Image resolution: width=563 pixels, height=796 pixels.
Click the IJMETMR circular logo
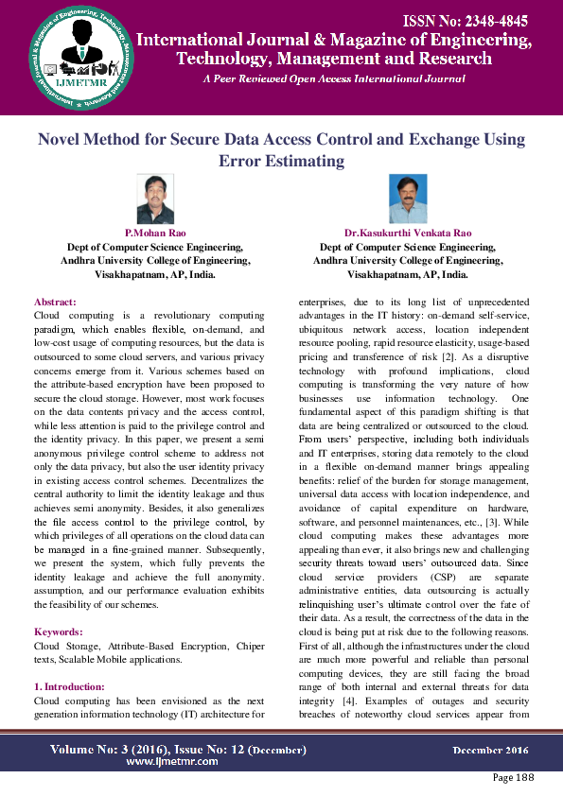tap(68, 59)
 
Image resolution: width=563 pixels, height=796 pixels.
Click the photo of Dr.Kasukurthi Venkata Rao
tap(408, 199)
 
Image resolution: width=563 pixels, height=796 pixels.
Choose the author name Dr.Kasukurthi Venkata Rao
tap(408, 232)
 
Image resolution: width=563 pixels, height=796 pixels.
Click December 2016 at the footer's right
tap(490, 750)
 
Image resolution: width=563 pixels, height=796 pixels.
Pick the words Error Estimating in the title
tap(281, 161)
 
